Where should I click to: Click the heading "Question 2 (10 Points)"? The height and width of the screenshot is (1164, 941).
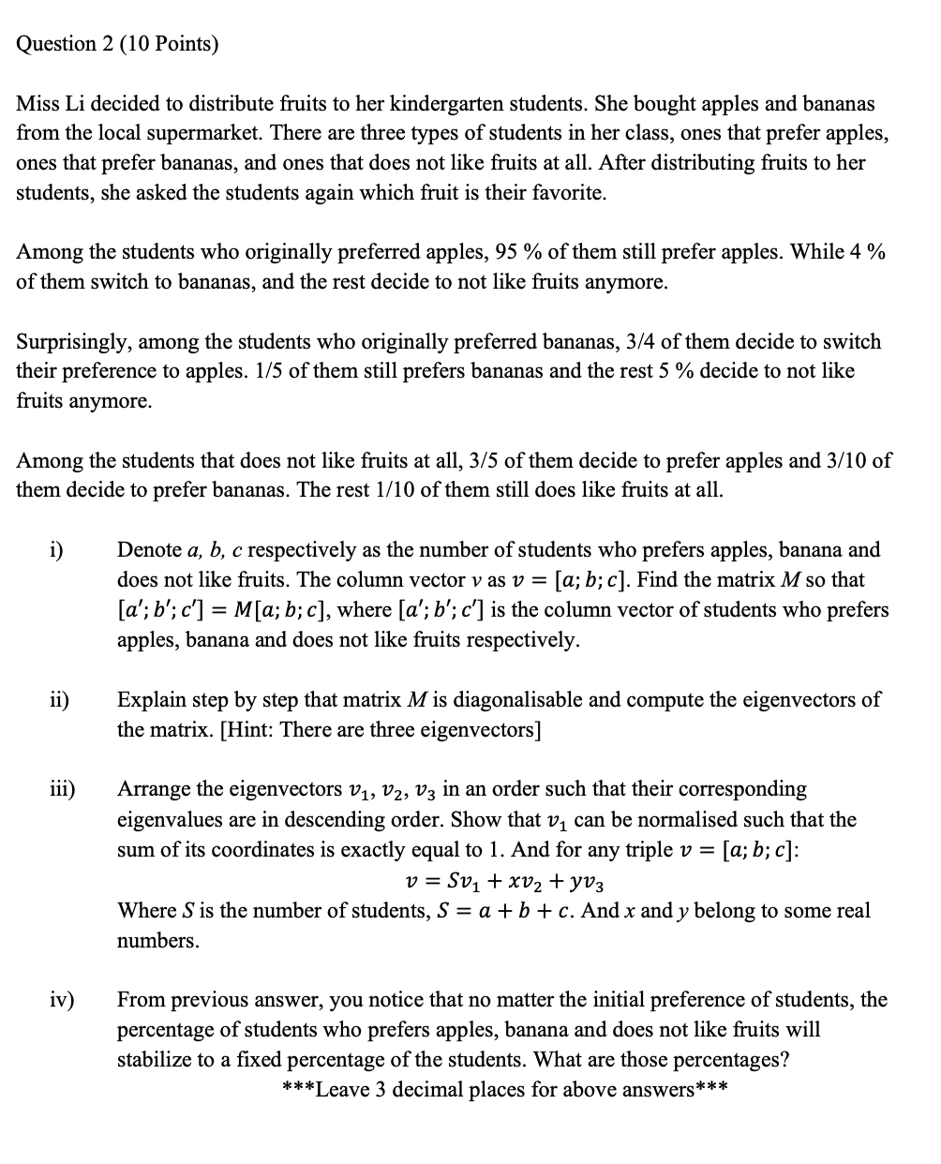[117, 44]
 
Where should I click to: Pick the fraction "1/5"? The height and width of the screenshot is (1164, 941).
[268, 371]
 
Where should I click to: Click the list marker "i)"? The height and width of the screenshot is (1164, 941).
[56, 550]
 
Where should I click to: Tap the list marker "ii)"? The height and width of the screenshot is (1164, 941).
[59, 699]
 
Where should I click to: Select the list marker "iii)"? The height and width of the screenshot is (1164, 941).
[62, 789]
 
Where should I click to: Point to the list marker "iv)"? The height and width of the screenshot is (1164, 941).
[61, 1000]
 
